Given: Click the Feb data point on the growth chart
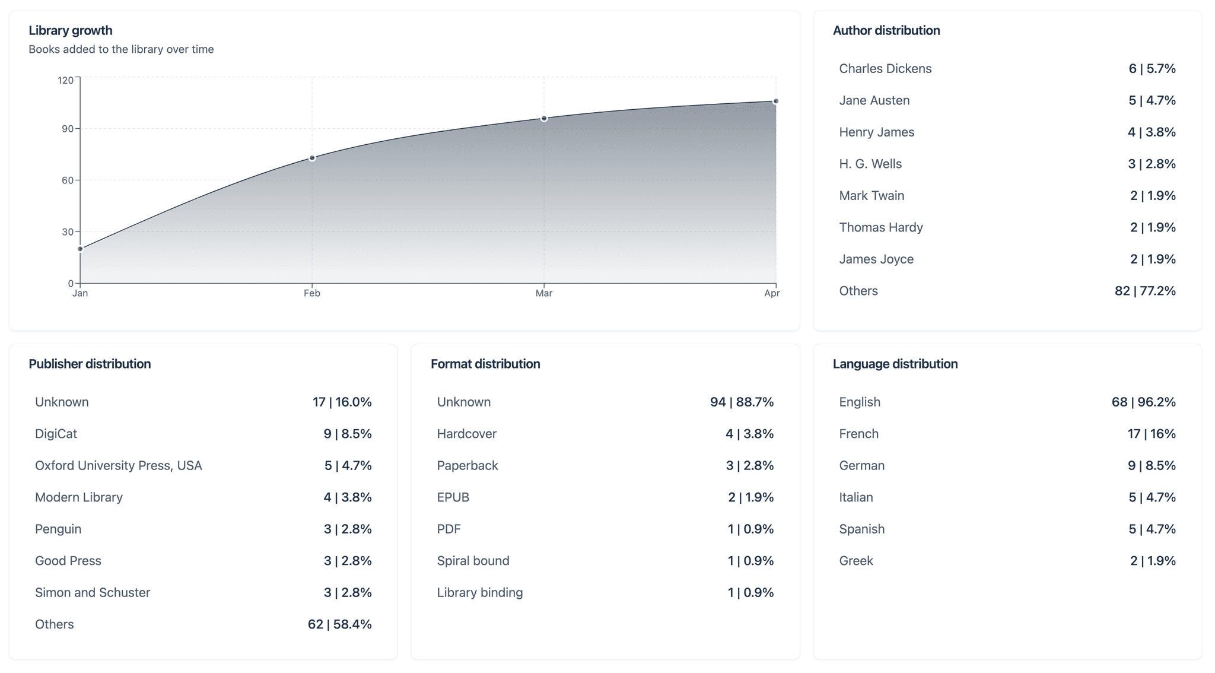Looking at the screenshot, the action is click(312, 158).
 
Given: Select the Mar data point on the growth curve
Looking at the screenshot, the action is click(544, 119).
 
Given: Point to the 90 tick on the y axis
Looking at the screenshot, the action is click(68, 129).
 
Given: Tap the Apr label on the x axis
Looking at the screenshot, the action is click(772, 293).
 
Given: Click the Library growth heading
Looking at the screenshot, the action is click(71, 30).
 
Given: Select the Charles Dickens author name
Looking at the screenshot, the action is click(885, 69).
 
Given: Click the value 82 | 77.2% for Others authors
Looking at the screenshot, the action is click(1145, 291).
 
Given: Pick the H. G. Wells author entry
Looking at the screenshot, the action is click(870, 164).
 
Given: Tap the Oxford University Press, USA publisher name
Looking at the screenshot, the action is click(119, 466).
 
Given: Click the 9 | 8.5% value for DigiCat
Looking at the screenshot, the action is click(348, 434).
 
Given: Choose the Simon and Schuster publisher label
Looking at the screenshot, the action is click(93, 592).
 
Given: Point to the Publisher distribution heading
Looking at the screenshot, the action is click(90, 364).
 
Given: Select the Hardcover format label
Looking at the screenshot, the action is click(467, 434).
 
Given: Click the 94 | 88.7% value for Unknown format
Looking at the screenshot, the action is click(742, 402).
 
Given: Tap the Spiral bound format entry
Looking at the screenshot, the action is click(473, 561).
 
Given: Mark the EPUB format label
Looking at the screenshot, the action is click(453, 497).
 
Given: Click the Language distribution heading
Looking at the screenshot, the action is click(895, 364).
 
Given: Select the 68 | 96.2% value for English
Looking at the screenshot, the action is click(1144, 402).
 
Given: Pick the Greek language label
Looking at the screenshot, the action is click(856, 561).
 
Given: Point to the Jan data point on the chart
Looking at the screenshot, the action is click(81, 249).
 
